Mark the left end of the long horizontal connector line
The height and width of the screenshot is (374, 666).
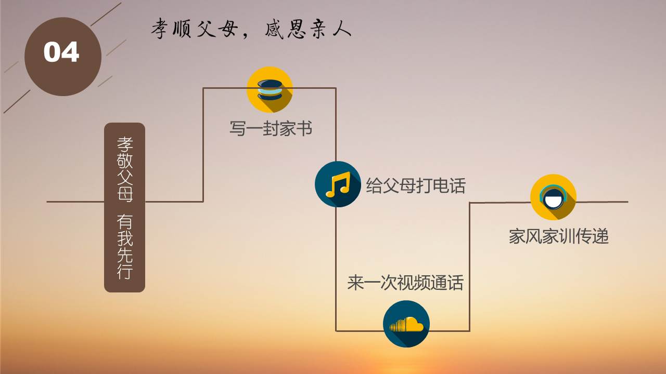click(47, 202)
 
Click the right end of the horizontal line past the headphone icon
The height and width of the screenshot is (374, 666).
click(628, 202)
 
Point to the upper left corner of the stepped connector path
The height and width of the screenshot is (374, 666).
click(203, 88)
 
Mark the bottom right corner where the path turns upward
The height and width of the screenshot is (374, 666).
click(469, 331)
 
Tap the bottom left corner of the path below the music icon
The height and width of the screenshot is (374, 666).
click(336, 331)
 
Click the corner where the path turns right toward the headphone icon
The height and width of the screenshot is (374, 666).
click(469, 203)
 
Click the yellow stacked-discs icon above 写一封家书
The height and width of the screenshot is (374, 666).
click(270, 90)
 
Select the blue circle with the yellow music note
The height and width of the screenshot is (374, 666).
click(338, 184)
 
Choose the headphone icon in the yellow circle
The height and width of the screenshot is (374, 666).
click(553, 197)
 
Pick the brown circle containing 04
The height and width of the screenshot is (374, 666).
click(63, 57)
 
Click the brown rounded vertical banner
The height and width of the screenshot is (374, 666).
click(124, 207)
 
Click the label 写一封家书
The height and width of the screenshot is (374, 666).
click(271, 128)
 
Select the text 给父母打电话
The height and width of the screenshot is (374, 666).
click(416, 185)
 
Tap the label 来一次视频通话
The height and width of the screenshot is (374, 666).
click(405, 282)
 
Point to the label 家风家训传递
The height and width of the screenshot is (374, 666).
click(559, 236)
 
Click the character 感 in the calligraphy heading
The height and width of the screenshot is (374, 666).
click(274, 29)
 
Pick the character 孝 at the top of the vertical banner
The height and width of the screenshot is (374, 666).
click(124, 144)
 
